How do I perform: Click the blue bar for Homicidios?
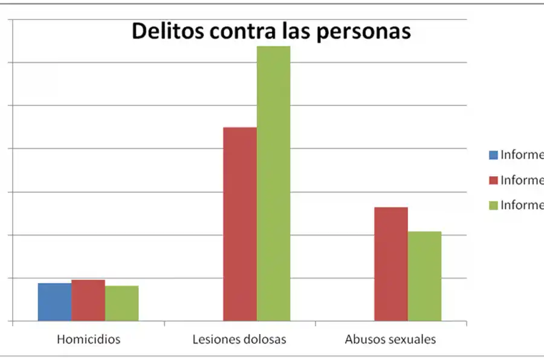point(54,302)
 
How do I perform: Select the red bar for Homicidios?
point(88,300)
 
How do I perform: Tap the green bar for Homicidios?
point(121,303)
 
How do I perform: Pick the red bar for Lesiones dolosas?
point(240,224)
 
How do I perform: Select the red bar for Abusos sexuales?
point(391,264)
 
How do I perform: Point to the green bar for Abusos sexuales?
point(424,276)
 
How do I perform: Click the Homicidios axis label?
point(88,339)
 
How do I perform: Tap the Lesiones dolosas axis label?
point(239,339)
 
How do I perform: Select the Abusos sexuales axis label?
point(390,339)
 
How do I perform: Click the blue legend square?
point(493,155)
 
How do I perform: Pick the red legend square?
point(493,180)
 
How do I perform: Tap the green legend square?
point(493,206)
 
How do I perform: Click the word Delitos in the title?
point(168,31)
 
